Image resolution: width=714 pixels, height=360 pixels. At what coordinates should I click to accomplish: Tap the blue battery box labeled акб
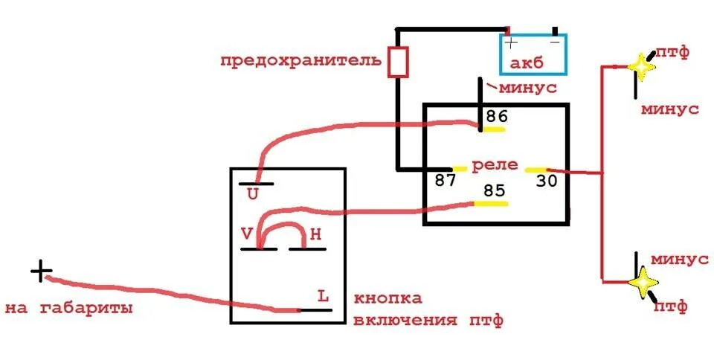click(x=533, y=55)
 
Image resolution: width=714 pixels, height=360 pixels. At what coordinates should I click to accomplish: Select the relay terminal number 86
click(x=496, y=117)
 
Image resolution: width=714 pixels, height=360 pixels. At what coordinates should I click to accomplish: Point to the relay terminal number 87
click(x=446, y=181)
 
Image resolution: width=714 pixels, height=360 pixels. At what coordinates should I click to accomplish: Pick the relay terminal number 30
click(x=546, y=181)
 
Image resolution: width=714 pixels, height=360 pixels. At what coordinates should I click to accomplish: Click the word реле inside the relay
click(x=496, y=165)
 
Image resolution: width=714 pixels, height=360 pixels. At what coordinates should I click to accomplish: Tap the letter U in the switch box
click(x=253, y=194)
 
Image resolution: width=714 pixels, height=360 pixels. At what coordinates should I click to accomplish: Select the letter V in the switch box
click(x=246, y=234)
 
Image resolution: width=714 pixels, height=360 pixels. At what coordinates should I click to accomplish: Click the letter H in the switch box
click(x=315, y=234)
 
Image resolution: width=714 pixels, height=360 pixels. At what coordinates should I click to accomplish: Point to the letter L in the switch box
click(x=323, y=296)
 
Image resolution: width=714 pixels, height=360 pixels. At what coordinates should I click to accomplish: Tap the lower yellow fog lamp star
click(x=643, y=283)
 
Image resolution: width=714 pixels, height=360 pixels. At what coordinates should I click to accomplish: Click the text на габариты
click(x=68, y=306)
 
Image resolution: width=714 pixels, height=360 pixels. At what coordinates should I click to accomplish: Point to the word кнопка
click(x=387, y=298)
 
